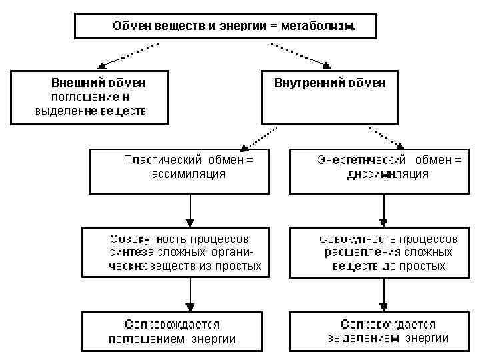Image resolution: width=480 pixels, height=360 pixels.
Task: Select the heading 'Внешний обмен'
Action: click(99, 83)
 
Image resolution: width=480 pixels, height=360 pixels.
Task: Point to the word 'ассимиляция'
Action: click(190, 174)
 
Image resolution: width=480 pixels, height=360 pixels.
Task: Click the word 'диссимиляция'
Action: click(387, 174)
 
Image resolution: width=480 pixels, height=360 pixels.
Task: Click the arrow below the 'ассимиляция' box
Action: click(191, 210)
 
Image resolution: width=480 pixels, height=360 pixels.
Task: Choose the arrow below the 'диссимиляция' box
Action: click(383, 210)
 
